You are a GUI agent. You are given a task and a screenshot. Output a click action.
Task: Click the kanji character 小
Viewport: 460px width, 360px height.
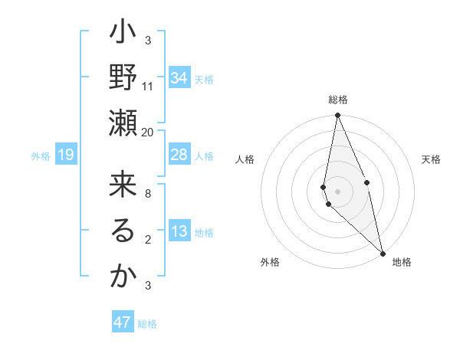123,34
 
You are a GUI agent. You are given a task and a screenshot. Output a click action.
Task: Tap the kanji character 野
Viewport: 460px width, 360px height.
123,78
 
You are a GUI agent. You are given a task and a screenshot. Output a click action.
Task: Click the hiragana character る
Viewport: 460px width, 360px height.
123,231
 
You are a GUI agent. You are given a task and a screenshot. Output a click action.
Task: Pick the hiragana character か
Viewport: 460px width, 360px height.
123,277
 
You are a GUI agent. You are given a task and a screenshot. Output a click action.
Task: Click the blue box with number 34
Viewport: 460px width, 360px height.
179,78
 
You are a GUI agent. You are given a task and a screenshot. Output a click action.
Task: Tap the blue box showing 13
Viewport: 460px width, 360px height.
179,232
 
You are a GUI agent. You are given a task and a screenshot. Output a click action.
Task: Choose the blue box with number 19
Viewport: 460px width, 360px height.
66,155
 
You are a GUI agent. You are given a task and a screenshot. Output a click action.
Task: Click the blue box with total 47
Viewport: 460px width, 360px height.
123,322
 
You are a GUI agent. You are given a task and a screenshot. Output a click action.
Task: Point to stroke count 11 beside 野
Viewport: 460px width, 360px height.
148,86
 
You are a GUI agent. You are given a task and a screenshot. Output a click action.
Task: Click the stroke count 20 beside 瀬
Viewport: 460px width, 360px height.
148,132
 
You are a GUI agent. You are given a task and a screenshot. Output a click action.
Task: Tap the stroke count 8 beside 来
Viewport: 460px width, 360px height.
148,193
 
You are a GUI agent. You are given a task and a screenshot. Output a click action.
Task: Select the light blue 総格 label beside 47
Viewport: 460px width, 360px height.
147,324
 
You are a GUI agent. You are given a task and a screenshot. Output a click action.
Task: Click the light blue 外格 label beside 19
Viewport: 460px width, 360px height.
41,156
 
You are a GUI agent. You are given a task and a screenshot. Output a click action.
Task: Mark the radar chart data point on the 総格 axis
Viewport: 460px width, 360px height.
337,116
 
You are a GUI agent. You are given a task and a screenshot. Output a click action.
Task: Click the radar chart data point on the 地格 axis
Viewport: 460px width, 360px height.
383,252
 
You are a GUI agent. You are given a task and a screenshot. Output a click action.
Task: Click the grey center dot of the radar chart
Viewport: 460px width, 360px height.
337,190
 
